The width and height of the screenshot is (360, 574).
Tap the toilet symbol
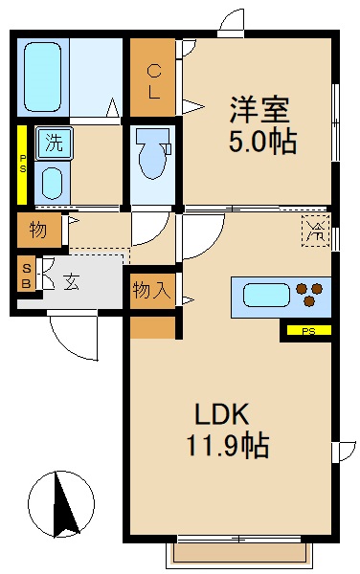[151, 153]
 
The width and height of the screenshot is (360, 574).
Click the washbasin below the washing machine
[52, 182]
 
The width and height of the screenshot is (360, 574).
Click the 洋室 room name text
[258, 108]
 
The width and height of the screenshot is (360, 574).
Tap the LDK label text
[222, 414]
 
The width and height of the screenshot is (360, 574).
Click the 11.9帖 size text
[229, 445]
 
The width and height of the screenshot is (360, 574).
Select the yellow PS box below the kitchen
[307, 332]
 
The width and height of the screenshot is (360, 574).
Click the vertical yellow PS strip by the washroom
[22, 164]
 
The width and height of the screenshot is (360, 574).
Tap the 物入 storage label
[152, 290]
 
